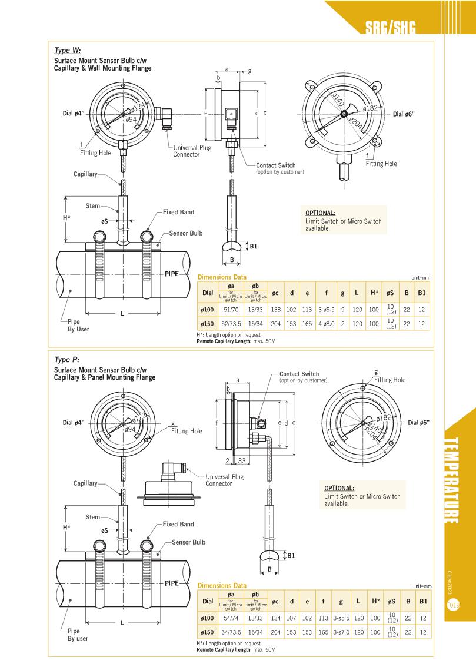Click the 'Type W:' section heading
(67, 51)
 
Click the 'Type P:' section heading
(66, 360)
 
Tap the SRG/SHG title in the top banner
(390, 28)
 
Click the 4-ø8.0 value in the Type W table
(326, 323)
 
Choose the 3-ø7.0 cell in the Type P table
(341, 632)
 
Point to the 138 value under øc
(275, 309)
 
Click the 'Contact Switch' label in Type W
(275, 165)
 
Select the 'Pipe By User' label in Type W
(78, 326)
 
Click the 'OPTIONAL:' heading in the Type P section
(339, 488)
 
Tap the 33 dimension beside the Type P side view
(242, 460)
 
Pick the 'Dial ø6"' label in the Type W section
(404, 114)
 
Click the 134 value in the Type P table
(275, 618)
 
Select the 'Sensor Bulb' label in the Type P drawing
(188, 542)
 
